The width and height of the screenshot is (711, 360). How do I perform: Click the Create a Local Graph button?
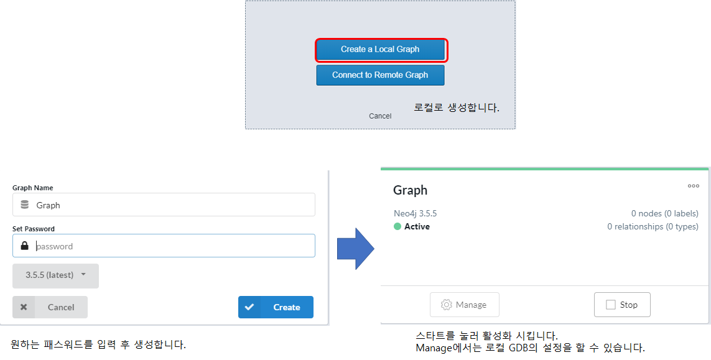click(x=380, y=50)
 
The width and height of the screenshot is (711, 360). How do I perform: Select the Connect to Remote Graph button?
click(x=380, y=75)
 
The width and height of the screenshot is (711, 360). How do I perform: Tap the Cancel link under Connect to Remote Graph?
click(x=380, y=116)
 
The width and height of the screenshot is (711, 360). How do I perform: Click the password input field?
click(x=174, y=246)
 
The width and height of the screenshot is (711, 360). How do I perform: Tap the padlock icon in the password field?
click(x=25, y=246)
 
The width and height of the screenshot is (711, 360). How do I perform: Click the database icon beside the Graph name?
click(x=25, y=205)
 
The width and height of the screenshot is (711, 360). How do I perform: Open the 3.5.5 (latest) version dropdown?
click(x=55, y=275)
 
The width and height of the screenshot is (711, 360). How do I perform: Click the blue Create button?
click(x=276, y=307)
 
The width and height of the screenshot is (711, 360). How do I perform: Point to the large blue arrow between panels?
click(x=355, y=249)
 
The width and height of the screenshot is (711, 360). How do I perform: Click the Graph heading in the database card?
click(x=411, y=190)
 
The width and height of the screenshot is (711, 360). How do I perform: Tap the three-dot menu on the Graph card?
click(x=693, y=186)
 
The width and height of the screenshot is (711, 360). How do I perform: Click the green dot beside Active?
click(x=397, y=227)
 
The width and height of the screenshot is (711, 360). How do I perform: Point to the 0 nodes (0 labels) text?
click(x=664, y=213)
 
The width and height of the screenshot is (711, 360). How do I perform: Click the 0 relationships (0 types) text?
click(x=653, y=227)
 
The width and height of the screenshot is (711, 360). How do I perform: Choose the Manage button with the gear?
click(x=464, y=305)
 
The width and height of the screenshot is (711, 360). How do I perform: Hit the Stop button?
click(x=622, y=305)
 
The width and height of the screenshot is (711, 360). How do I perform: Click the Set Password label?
click(x=34, y=229)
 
